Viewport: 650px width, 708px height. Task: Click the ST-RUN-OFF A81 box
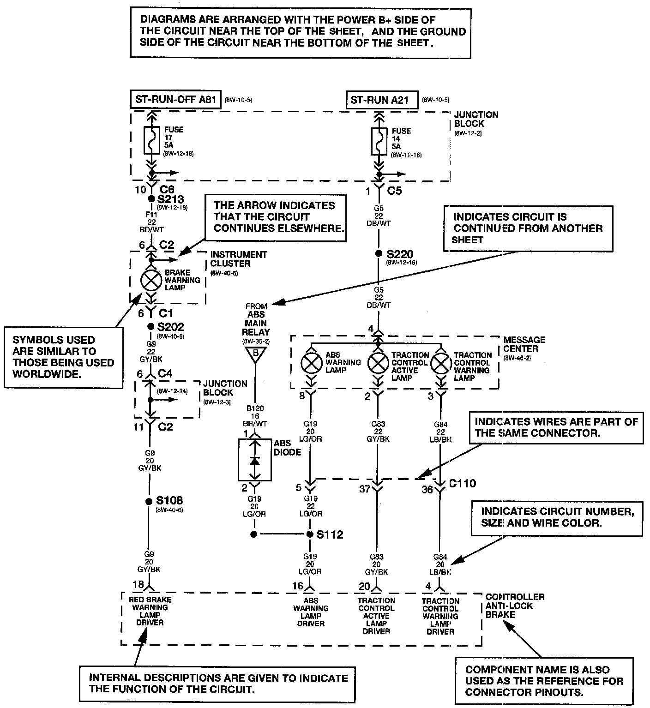[175, 99]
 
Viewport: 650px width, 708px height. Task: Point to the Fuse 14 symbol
[379, 142]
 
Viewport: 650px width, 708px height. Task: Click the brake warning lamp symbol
[150, 280]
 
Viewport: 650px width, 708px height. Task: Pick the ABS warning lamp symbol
[312, 363]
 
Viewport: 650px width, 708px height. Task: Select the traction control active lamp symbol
[378, 363]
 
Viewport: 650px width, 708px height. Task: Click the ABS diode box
[254, 460]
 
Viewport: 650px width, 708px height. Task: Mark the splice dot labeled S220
[378, 253]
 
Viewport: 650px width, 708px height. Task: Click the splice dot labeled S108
[149, 501]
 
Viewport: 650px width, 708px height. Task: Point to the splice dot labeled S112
[310, 534]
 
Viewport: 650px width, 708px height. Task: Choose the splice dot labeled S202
[150, 326]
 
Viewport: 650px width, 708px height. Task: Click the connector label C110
[462, 484]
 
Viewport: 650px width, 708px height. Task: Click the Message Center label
[524, 344]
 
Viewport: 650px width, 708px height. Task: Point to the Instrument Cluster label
[238, 259]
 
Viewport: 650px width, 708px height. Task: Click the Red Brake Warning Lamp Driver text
[150, 611]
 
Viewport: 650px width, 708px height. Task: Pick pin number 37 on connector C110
[365, 488]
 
